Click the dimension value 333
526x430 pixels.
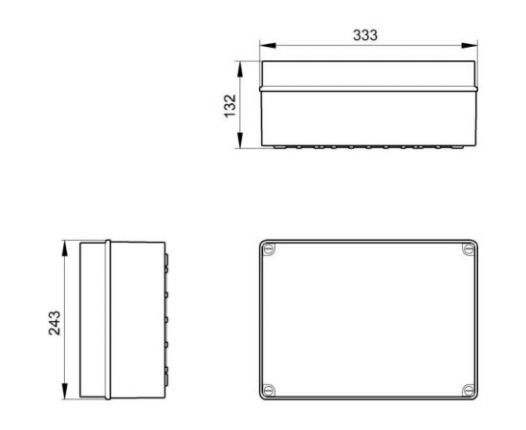point(366,34)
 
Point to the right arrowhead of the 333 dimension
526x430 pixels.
point(471,45)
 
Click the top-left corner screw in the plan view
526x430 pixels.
point(271,250)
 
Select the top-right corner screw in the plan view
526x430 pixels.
point(467,250)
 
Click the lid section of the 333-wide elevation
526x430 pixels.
point(368,75)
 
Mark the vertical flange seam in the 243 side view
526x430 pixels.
point(109,319)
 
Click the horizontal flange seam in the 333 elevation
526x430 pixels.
point(368,88)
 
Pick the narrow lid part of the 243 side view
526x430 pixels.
point(94,319)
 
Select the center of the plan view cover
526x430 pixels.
point(368,319)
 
